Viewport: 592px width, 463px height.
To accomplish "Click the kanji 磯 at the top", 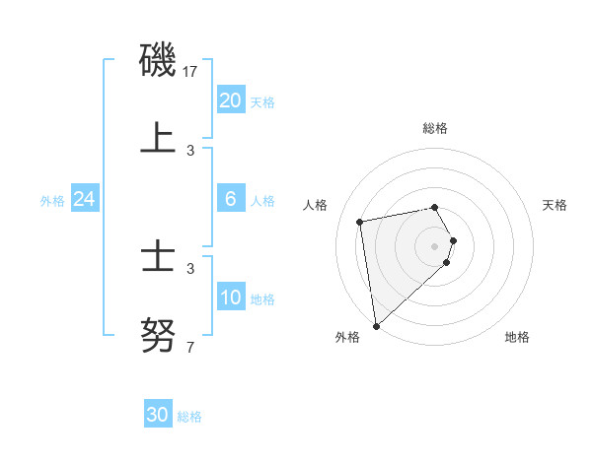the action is (158, 61).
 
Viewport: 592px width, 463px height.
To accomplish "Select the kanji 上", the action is (158, 138).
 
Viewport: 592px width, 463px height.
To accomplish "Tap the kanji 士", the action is (158, 259).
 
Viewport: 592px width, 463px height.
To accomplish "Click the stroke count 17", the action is (191, 72).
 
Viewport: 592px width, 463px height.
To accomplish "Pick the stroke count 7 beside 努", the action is (190, 347).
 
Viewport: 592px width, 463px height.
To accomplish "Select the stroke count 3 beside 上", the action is (190, 150).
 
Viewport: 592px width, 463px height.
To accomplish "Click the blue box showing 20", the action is (231, 100).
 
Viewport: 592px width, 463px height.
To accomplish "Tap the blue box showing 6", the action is (231, 199).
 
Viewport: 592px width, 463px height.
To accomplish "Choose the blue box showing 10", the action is (231, 298).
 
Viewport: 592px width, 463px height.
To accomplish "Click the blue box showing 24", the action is (85, 199).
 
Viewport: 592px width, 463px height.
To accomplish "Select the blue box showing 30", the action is (158, 415).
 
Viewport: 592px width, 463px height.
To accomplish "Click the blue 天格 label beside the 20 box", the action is (262, 101).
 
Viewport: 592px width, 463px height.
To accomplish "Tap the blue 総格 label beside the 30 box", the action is (189, 416).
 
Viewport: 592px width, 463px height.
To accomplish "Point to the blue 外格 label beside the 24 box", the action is (52, 200).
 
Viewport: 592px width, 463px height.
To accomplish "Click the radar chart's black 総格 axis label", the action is (434, 128).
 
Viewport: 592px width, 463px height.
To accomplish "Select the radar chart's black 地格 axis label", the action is (517, 337).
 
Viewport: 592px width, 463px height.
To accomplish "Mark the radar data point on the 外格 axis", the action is (376, 325).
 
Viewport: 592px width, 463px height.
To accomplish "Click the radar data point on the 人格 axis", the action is (360, 221).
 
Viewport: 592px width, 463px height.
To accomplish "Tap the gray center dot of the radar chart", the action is (434, 244).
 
